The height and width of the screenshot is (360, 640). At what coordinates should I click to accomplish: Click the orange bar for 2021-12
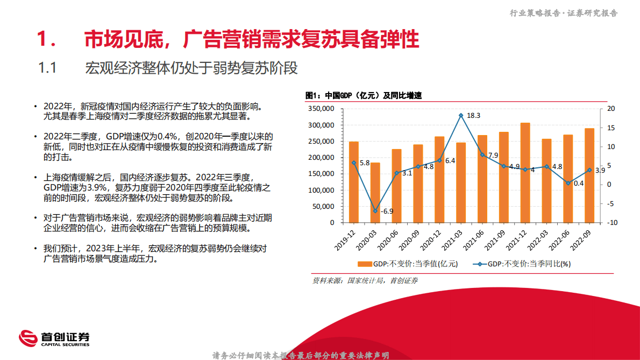click(x=525, y=172)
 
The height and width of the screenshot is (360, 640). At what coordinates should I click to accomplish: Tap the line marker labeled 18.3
click(x=461, y=115)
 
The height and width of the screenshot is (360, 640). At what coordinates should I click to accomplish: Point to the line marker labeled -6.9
click(x=375, y=210)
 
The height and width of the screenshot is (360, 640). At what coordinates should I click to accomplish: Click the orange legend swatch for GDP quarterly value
click(x=365, y=264)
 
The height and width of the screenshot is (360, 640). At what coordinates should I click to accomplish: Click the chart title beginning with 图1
click(x=364, y=96)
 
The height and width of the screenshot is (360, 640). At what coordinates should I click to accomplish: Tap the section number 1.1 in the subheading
click(x=48, y=68)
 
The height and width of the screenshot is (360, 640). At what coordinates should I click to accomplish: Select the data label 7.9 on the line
click(x=493, y=156)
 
